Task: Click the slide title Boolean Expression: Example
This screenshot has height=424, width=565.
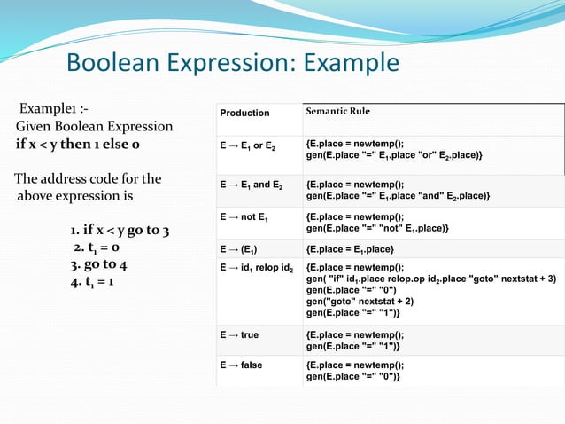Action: [x=233, y=64]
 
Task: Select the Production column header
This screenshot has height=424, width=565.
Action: [x=245, y=113]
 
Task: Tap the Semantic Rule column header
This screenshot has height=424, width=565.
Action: [x=337, y=112]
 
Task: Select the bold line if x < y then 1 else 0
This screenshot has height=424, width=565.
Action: [x=77, y=144]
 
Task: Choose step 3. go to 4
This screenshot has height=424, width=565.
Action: [x=98, y=264]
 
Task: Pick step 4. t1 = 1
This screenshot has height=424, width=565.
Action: [x=98, y=282]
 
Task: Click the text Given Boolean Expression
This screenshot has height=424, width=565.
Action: [x=93, y=127]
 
